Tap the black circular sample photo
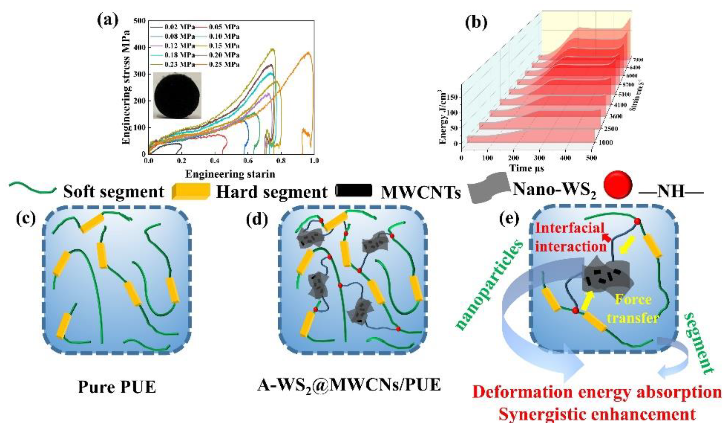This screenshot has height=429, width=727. coord(177,95)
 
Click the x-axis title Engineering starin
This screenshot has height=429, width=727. coord(230,174)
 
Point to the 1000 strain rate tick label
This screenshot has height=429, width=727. coord(604,143)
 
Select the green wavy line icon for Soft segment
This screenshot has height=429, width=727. coord(32,189)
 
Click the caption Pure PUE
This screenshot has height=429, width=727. coord(117,387)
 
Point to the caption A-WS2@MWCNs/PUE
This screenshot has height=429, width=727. coord(349,386)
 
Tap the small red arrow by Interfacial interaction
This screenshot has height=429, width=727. coord(606,238)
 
